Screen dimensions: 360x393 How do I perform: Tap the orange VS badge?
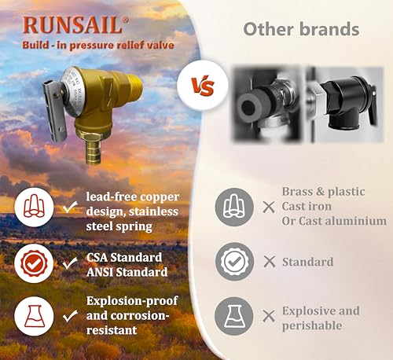(197, 86)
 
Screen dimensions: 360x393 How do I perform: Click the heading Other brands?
(301, 30)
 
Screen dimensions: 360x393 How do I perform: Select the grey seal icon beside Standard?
(234, 262)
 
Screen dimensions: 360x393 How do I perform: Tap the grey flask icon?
(234, 315)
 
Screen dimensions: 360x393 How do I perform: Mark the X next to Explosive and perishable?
(269, 316)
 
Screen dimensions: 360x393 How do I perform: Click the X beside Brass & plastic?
(269, 207)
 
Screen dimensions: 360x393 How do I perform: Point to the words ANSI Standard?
(130, 272)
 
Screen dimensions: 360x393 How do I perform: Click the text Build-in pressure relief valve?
(97, 44)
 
